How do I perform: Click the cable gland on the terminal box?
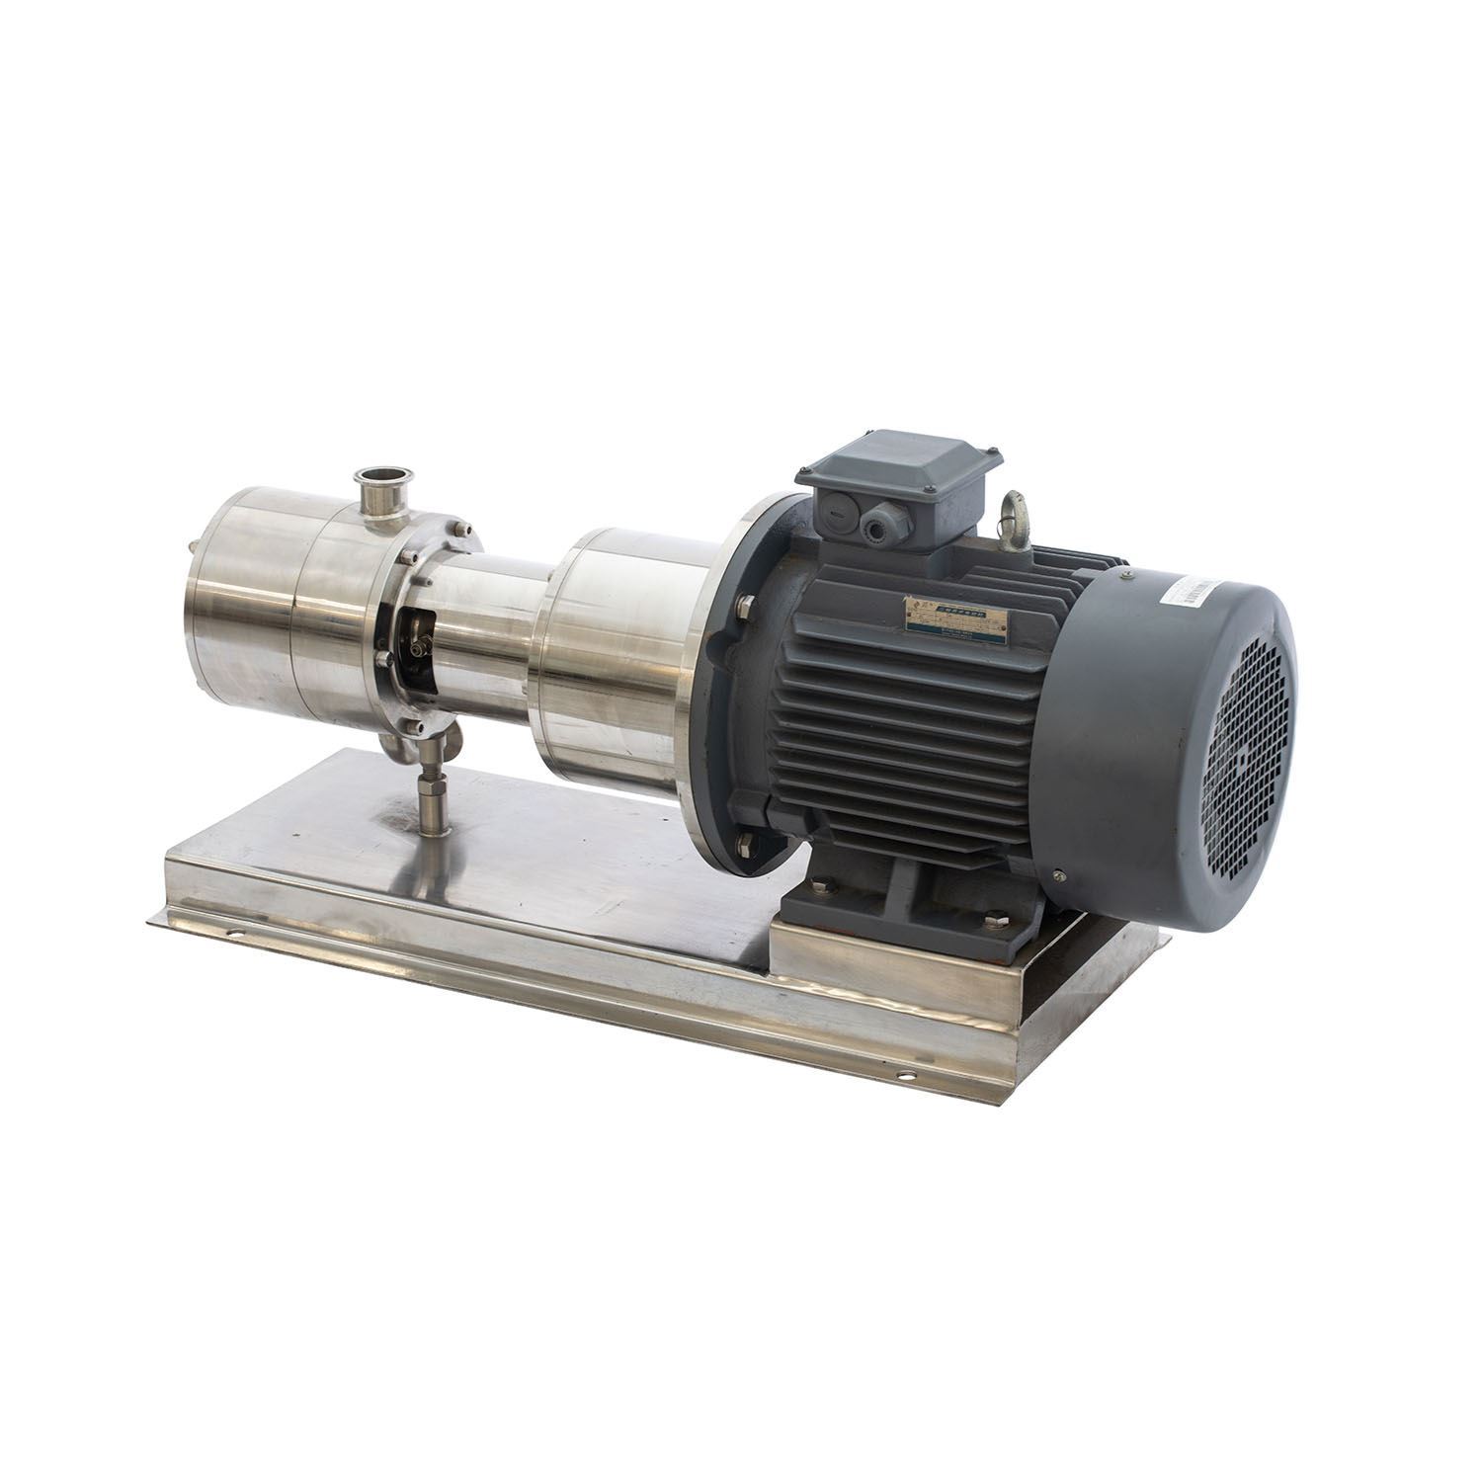[x=873, y=526]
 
